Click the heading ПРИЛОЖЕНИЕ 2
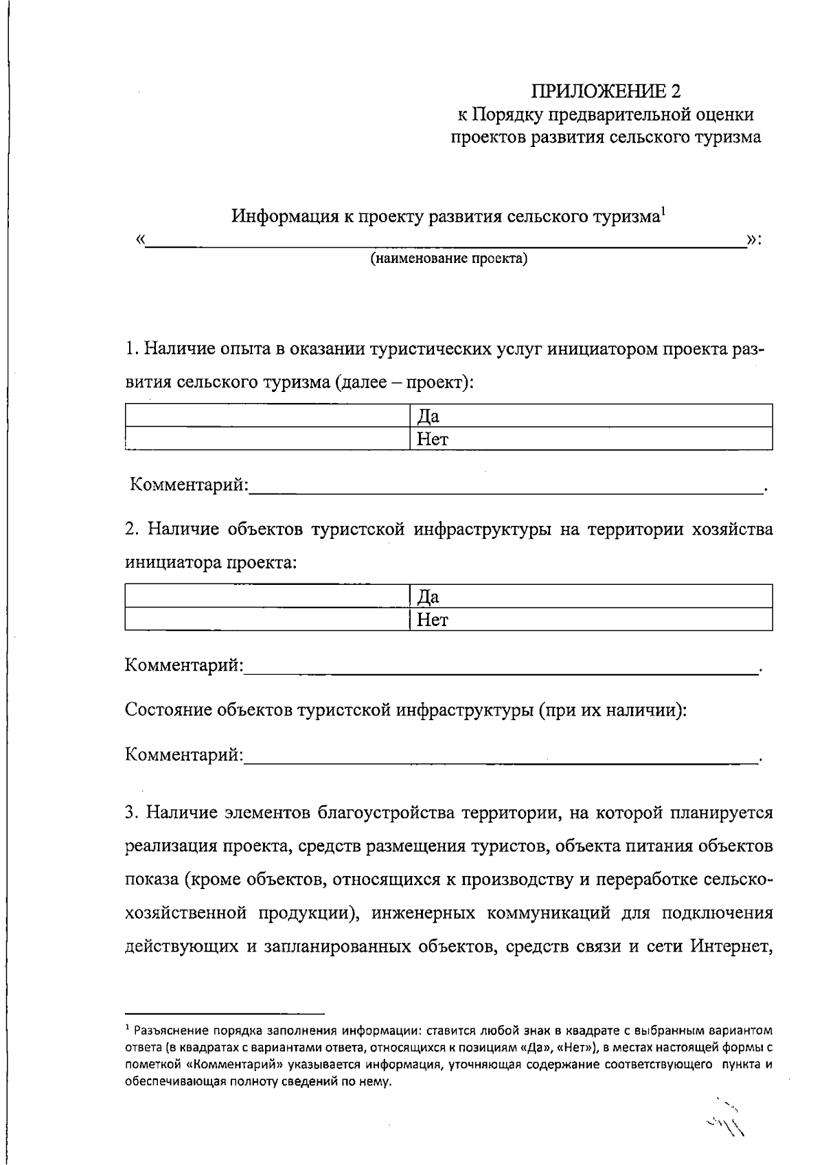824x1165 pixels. click(x=608, y=91)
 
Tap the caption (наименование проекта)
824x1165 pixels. click(x=449, y=259)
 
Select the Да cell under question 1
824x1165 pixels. click(x=591, y=416)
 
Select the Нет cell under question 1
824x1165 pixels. click(x=591, y=439)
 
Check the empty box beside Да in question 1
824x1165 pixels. click(x=268, y=416)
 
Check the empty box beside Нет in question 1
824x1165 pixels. click(x=268, y=439)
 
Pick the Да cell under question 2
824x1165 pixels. click(x=591, y=596)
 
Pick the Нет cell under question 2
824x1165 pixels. click(x=591, y=619)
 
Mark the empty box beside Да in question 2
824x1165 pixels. click(x=268, y=596)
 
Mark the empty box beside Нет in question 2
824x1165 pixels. click(x=268, y=619)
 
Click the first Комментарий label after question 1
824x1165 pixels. click(x=189, y=485)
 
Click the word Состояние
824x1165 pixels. click(x=168, y=709)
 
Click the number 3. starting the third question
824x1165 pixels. click(x=133, y=814)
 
